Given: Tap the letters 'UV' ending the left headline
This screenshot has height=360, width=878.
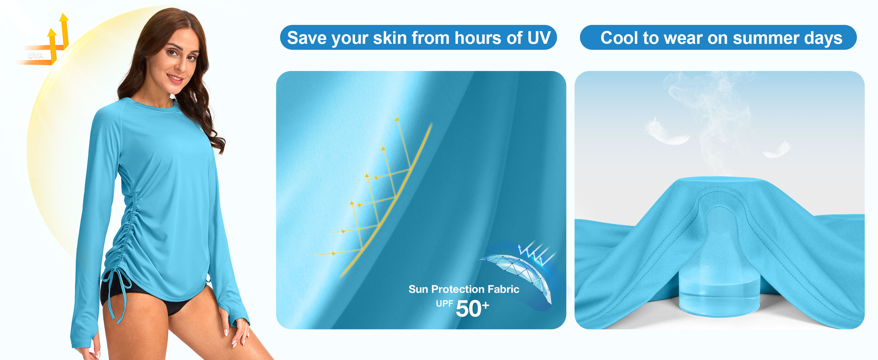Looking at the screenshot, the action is [x=539, y=38].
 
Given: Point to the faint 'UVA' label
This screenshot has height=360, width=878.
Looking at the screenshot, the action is [x=35, y=55].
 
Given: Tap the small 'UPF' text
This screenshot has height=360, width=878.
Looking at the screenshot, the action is [x=444, y=303].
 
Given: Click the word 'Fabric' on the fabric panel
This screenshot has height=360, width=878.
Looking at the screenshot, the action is [x=503, y=289].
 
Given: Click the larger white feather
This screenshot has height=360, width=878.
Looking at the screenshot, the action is [x=666, y=132].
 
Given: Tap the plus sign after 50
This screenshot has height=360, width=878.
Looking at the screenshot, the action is [x=485, y=305].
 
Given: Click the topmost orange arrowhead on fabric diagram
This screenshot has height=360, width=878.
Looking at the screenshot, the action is [x=397, y=119].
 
